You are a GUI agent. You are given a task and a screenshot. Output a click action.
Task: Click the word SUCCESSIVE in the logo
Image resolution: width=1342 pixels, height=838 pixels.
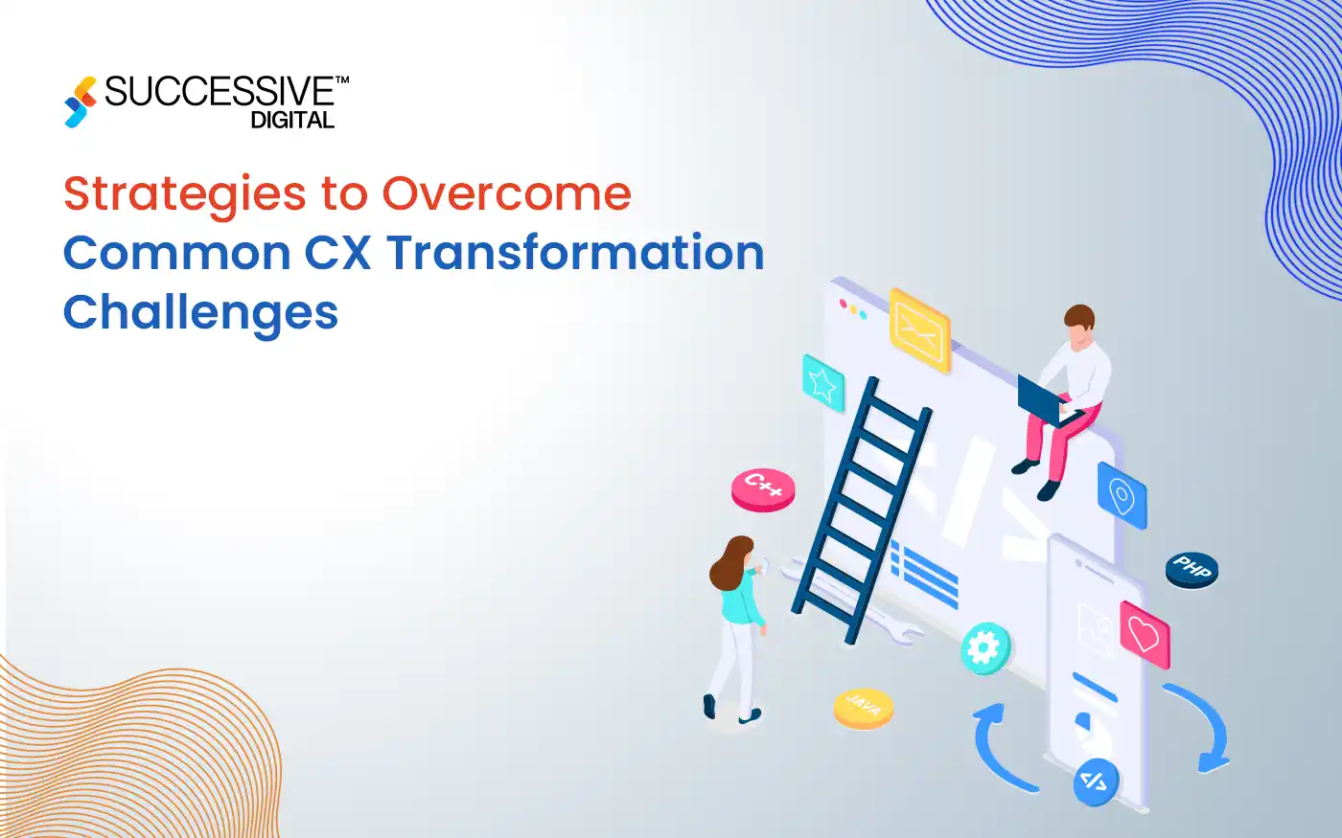220,92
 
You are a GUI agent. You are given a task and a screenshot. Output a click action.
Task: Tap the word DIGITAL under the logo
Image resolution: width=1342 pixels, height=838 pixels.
292,121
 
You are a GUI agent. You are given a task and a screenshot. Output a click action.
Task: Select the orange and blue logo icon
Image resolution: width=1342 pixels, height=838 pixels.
81,102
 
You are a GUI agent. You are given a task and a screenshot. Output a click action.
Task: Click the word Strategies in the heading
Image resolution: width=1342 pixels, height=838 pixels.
183,194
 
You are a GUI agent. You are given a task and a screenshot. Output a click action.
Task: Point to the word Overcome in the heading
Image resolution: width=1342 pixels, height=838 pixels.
507,194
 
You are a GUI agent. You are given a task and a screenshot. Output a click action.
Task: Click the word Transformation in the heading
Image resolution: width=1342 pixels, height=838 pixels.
575,254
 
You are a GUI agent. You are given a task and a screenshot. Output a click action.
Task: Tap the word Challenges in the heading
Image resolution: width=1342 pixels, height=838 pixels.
200,313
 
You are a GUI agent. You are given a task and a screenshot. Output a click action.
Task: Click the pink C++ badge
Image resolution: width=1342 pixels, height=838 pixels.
763,489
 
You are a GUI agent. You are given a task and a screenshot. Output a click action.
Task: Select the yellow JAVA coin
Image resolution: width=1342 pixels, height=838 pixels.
863,708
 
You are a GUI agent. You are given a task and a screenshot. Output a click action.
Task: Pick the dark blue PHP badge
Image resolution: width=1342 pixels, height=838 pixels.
1192,569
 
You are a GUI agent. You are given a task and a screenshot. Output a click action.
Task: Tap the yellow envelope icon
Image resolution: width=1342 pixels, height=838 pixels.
919,329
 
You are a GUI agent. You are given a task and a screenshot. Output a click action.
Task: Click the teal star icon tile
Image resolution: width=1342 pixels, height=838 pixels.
822,383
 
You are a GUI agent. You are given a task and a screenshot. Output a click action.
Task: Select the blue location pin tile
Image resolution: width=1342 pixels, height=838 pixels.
1122,494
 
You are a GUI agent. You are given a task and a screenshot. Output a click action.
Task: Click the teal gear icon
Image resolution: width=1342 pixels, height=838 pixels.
984,648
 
